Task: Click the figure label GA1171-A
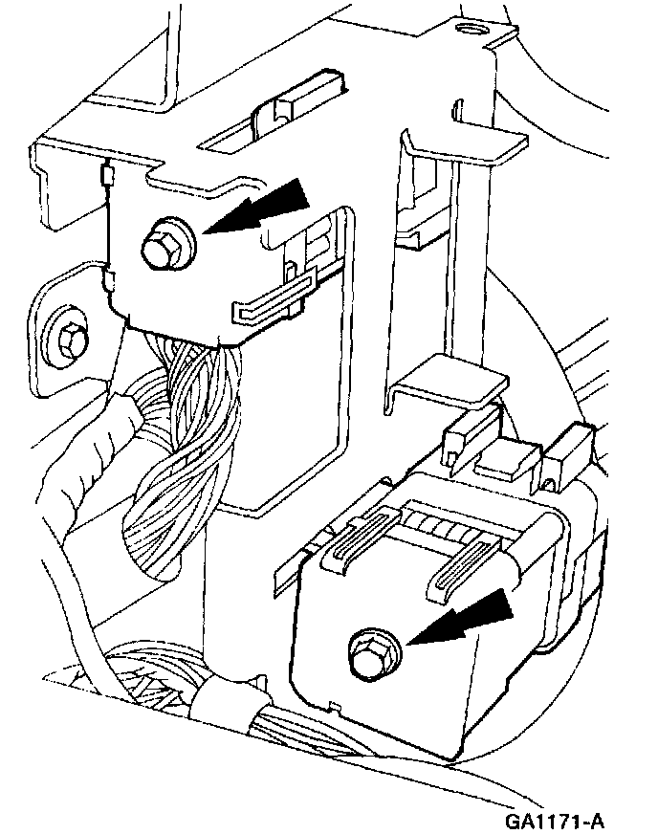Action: pos(554,821)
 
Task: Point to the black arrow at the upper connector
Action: pos(256,207)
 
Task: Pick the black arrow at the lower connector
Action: pos(460,619)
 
